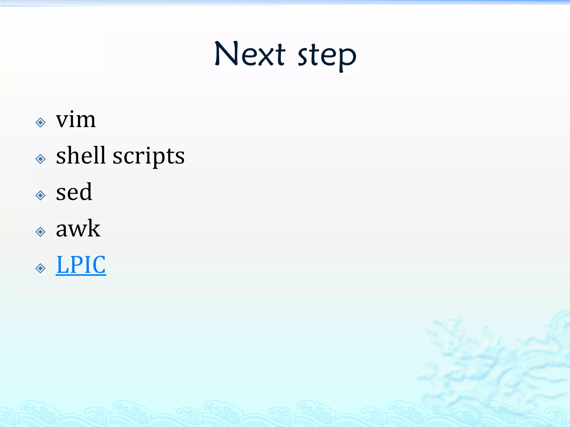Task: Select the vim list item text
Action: coord(76,120)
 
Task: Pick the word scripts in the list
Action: coord(148,157)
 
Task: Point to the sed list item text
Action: coord(74,192)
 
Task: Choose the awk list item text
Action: coord(78,229)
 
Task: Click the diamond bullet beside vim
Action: coord(41,122)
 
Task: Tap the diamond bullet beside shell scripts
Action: coord(41,159)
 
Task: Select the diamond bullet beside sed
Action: coord(41,195)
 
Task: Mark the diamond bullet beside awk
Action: coord(41,232)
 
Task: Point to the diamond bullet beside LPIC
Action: coord(41,268)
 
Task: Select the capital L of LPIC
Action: coord(62,265)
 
